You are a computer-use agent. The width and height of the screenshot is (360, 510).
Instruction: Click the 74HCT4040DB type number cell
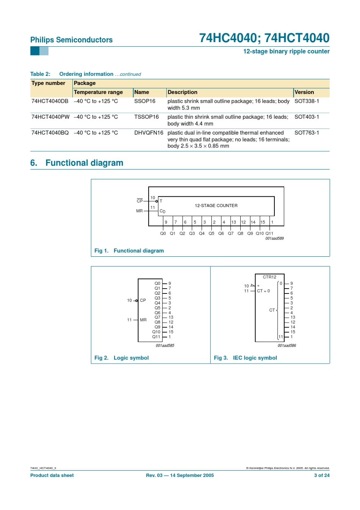point(50,101)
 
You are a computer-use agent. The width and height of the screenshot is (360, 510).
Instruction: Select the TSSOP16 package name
point(146,117)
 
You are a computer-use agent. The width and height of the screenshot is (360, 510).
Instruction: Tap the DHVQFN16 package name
point(149,133)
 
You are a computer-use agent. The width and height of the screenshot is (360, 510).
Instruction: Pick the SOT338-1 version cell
point(307,101)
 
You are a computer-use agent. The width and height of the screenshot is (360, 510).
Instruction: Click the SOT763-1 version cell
point(307,133)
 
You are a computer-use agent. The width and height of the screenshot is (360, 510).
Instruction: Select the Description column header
point(182,92)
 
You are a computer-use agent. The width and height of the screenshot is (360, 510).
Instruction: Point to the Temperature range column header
point(98,92)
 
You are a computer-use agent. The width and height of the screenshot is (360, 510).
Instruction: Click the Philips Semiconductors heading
point(71,40)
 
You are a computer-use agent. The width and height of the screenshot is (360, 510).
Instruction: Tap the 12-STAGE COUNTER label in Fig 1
point(216,206)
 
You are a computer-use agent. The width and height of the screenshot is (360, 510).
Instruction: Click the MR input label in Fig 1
point(139,211)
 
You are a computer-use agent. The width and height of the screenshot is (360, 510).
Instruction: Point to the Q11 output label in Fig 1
point(269,234)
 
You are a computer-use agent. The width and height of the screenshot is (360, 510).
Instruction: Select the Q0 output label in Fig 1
point(163,234)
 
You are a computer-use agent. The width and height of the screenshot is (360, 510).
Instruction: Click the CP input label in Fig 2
point(143,300)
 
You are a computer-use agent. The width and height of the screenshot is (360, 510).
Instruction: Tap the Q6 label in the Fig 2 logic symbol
point(157,313)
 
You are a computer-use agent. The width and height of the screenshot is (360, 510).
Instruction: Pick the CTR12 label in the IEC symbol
point(269,277)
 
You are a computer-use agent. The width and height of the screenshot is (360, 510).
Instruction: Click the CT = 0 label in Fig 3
point(263,291)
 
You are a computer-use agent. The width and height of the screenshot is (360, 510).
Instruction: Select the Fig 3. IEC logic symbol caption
point(245,358)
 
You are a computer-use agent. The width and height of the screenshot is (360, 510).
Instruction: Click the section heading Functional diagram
point(84,163)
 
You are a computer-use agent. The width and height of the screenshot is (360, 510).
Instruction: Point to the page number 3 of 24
point(322,475)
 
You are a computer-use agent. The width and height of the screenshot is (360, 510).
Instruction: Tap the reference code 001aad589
point(274,239)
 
